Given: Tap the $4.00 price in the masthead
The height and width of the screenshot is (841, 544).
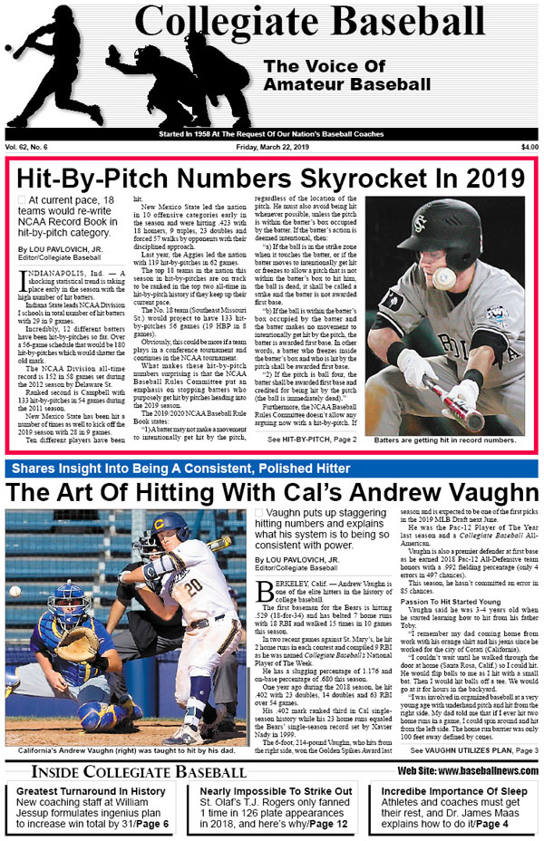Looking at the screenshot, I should (x=529, y=147).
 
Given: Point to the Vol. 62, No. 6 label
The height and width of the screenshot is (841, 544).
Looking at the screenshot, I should (x=26, y=147).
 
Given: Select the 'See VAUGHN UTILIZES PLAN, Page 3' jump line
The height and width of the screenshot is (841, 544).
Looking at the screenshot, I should (x=471, y=751).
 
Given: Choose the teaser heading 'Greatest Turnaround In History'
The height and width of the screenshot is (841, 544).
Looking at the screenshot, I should (x=92, y=791).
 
